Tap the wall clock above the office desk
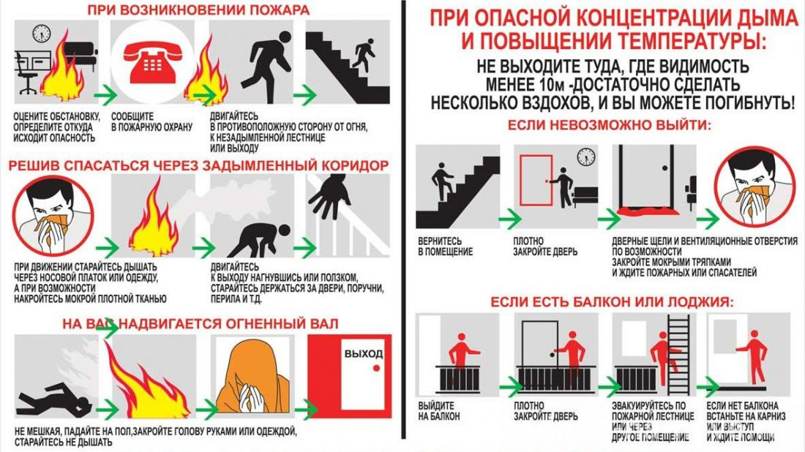(x=42, y=34)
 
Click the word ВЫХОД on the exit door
(x=364, y=353)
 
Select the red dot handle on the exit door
(x=376, y=368)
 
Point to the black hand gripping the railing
(x=329, y=195)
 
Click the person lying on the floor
(x=55, y=398)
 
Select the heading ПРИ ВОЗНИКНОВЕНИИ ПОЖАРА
(x=198, y=10)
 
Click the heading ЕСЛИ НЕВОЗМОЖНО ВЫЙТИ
(x=610, y=125)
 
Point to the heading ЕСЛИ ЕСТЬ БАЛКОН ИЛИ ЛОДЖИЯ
(x=612, y=301)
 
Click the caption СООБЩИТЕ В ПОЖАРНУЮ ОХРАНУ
(x=151, y=122)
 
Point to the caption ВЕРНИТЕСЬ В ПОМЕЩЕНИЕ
(x=445, y=246)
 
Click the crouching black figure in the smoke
(x=258, y=239)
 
